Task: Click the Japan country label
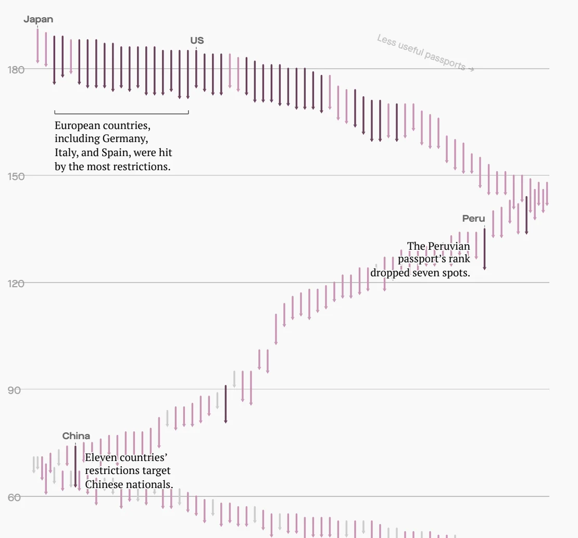click(x=38, y=20)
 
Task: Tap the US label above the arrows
click(x=197, y=41)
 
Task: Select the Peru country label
click(x=473, y=219)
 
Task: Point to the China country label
click(x=76, y=436)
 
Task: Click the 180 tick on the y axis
click(x=16, y=69)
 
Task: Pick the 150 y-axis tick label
click(x=16, y=176)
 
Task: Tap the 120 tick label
click(x=16, y=283)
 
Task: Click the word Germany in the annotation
click(x=125, y=139)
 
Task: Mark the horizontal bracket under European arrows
click(x=121, y=113)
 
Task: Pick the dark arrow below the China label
click(x=76, y=466)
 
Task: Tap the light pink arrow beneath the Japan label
click(x=37, y=46)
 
